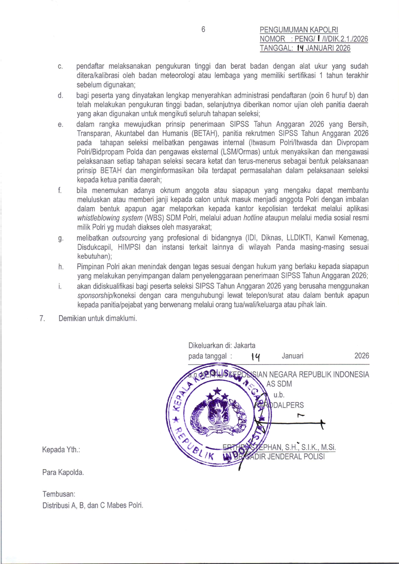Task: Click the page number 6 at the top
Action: point(203,29)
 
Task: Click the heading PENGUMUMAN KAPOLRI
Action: point(298,30)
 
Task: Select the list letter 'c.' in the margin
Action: point(60,67)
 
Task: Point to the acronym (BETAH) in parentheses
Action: point(205,134)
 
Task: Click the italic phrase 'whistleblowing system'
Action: point(110,218)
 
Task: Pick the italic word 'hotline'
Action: point(253,218)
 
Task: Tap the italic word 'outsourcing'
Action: point(129,238)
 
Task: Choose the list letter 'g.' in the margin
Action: point(61,238)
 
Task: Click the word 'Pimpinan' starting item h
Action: point(91,267)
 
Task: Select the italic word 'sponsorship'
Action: point(94,295)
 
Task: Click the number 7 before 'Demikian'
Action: point(42,318)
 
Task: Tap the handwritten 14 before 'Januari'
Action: point(255,356)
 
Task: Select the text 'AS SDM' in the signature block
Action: point(279,384)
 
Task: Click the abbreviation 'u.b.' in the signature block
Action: point(279,395)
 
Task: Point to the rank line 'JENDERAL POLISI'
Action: point(295,456)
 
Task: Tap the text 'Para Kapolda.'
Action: point(63,472)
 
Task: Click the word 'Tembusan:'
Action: point(59,494)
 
